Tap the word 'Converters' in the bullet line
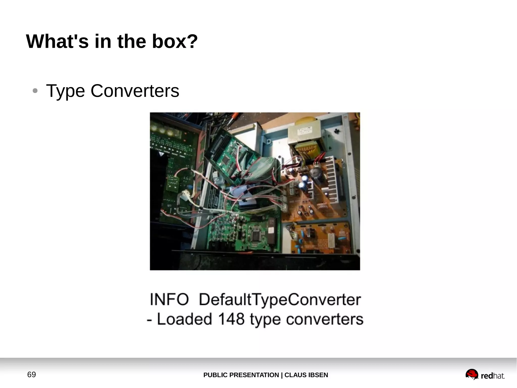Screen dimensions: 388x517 tap(135, 91)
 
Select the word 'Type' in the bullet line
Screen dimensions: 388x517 tap(65, 91)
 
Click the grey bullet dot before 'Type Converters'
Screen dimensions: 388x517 tap(35, 91)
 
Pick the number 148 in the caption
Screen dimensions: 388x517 tap(231, 319)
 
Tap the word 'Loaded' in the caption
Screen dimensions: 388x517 tap(184, 319)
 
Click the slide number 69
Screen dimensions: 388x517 tap(32, 375)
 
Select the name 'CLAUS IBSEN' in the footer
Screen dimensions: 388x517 tap(306, 375)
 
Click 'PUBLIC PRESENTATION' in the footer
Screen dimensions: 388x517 tap(241, 375)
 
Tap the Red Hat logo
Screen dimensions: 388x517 tap(485, 375)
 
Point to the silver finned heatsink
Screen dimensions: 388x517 tap(333, 179)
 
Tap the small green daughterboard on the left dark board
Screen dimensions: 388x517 tap(173, 184)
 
